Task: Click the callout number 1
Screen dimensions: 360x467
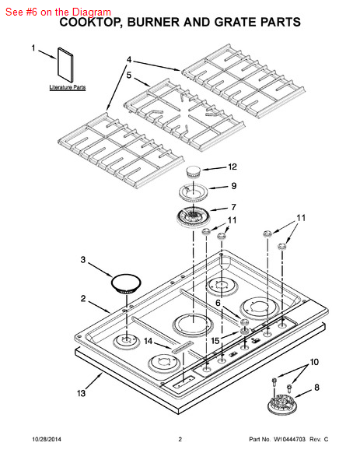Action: tap(33, 48)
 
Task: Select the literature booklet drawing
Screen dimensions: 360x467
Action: tap(65, 65)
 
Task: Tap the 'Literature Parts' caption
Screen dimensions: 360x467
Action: tap(68, 87)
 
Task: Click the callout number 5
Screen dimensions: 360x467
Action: tap(128, 75)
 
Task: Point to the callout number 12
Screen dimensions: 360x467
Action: tap(232, 167)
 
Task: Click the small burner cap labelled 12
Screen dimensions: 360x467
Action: tap(193, 172)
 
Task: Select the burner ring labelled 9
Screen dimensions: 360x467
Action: tap(193, 191)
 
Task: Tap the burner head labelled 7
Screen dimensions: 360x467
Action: tap(193, 216)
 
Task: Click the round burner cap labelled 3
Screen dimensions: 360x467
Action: tap(126, 283)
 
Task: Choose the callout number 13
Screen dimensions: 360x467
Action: tap(81, 393)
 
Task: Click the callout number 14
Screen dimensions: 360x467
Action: tap(149, 341)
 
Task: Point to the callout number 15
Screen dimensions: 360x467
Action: tap(215, 341)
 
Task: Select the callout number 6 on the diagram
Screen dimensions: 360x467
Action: tap(218, 303)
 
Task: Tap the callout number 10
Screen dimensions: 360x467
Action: tap(314, 363)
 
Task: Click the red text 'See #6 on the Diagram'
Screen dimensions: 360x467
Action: tap(58, 12)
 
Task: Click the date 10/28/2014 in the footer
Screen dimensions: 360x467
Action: tap(47, 439)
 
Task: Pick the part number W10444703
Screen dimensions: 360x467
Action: tap(289, 439)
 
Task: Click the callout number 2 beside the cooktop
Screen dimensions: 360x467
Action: tap(83, 298)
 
